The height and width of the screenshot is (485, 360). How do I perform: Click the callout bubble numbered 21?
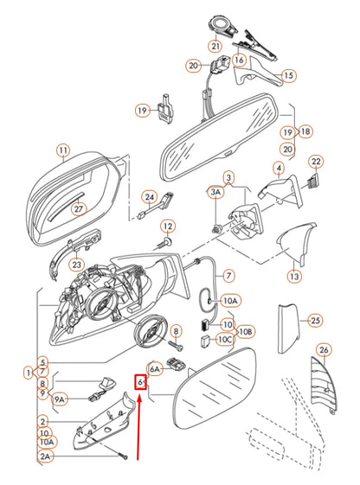(214, 45)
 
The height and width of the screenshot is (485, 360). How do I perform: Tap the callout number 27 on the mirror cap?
(78, 208)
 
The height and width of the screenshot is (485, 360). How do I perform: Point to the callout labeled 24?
(149, 197)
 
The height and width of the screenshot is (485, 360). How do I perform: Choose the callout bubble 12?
(167, 226)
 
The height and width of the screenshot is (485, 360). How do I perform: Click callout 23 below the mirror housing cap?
(77, 265)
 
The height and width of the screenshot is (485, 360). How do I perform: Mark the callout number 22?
(317, 162)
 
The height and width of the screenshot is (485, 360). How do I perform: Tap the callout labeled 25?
(315, 320)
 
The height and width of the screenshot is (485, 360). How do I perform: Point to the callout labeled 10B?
(246, 331)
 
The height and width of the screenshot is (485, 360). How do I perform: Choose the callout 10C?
(224, 341)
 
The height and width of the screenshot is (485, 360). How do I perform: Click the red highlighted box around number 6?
(140, 382)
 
